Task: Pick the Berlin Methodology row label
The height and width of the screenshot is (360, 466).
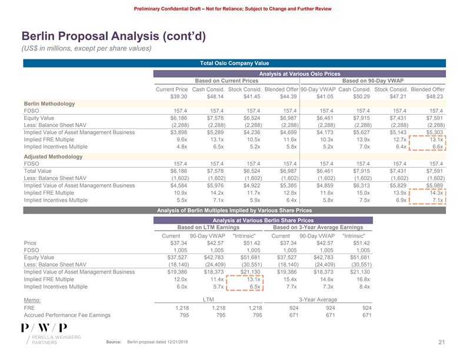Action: [x=49, y=104]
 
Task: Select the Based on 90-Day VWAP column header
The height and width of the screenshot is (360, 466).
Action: [x=372, y=81]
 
